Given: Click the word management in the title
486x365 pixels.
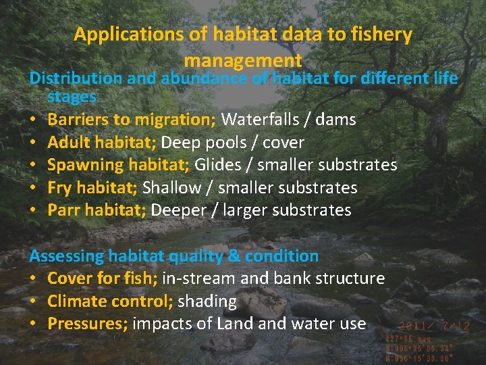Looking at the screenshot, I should tap(242, 62).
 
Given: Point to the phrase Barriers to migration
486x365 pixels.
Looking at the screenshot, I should tap(131, 120).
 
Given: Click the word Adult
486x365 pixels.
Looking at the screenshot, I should tap(68, 143).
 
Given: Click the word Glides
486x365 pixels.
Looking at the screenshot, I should tap(217, 165).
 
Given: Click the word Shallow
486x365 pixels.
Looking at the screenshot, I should tap(172, 188).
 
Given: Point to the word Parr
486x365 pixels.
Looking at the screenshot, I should tap(62, 210).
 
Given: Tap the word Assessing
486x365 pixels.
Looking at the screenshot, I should tap(66, 256).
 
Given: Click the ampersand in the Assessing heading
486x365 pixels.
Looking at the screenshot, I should tap(234, 256).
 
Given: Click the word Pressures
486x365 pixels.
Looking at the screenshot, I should tap(86, 324).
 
